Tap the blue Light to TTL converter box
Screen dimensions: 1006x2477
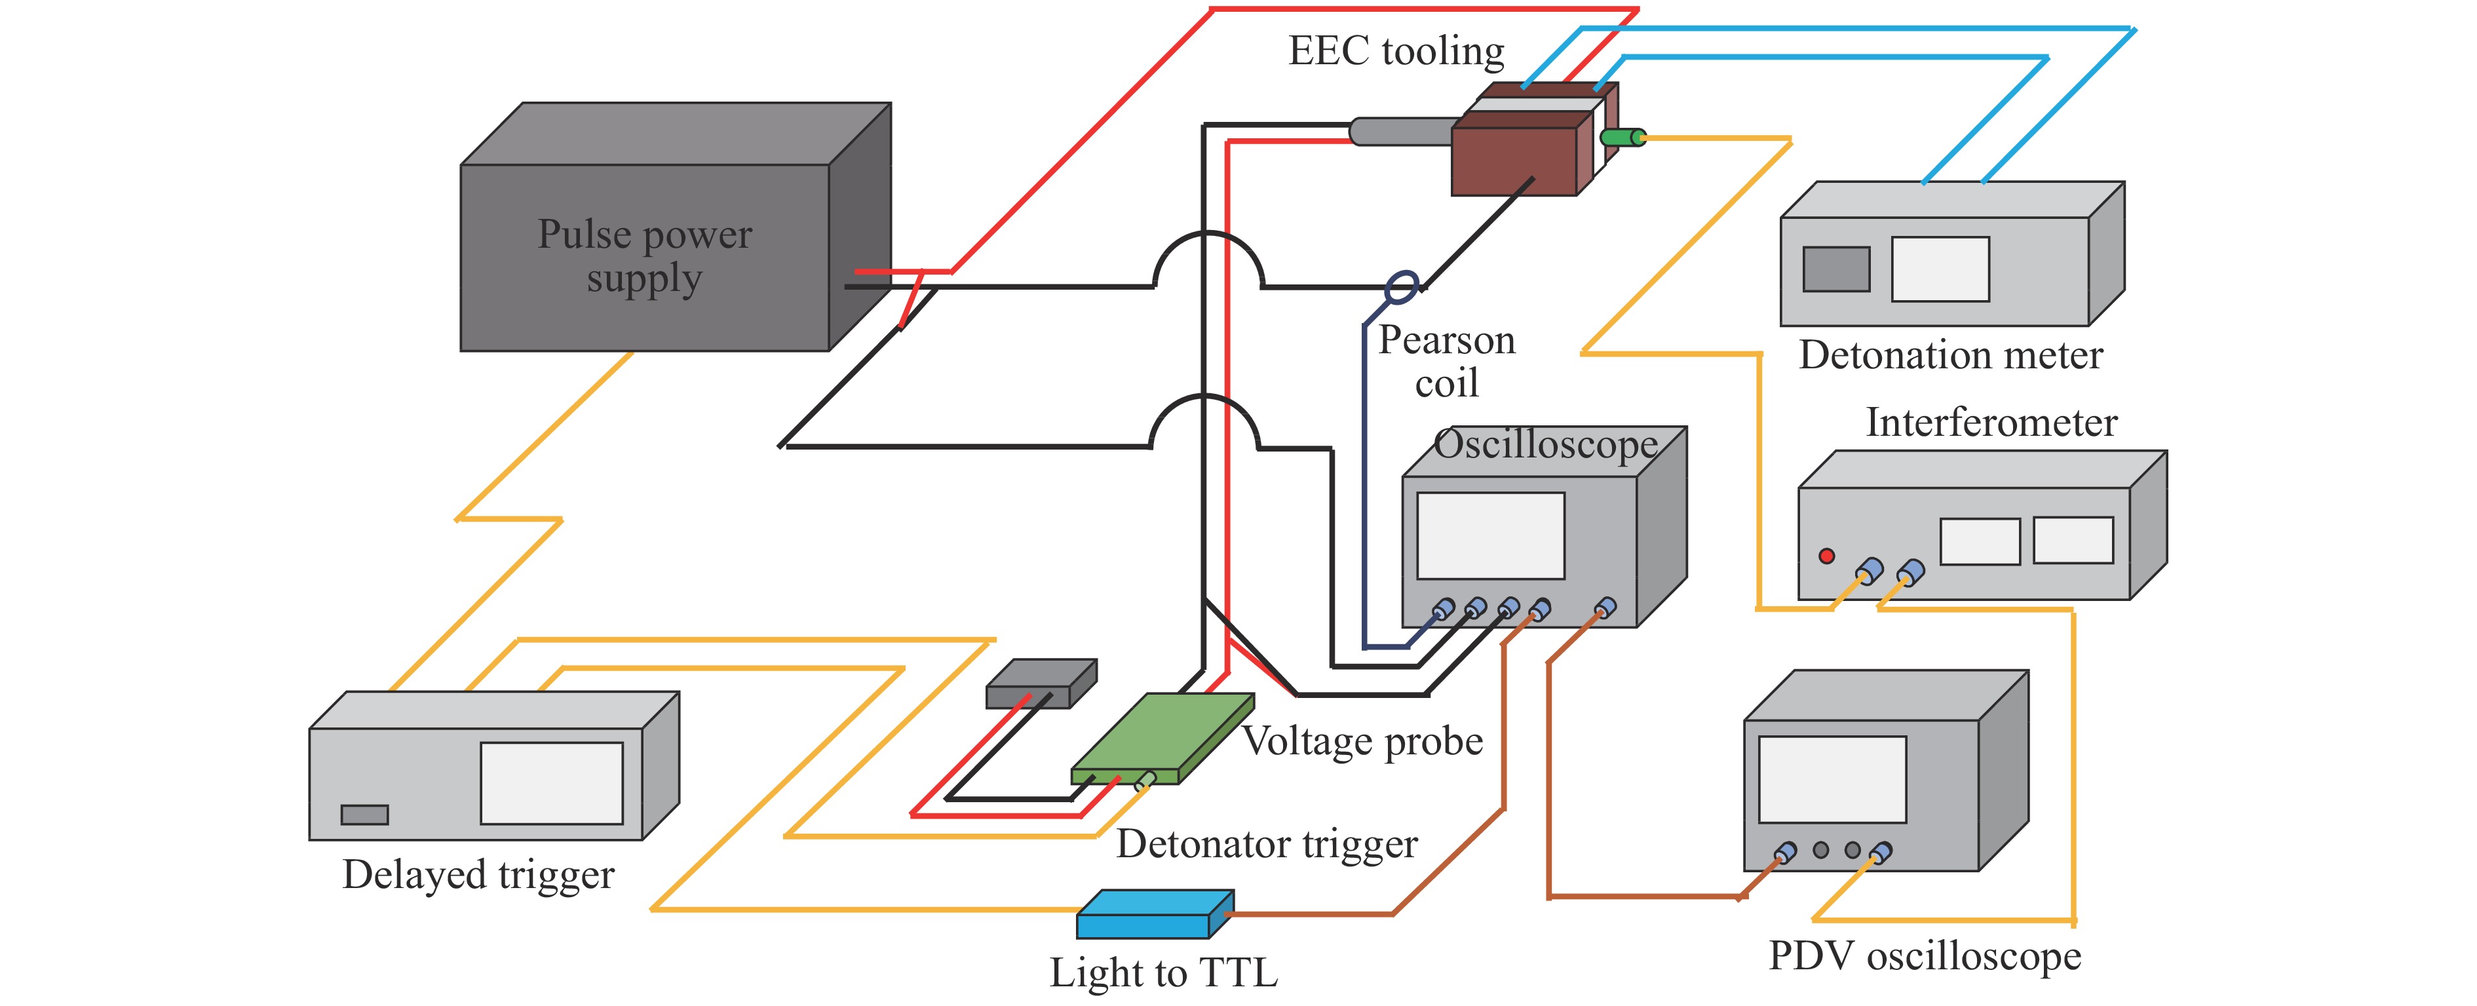click(1144, 924)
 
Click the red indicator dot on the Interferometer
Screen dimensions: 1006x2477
click(1826, 556)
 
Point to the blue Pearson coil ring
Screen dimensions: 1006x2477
click(1401, 286)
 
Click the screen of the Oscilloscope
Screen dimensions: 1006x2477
click(1490, 535)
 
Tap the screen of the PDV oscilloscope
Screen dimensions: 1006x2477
click(1832, 779)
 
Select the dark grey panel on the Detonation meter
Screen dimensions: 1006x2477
click(1835, 269)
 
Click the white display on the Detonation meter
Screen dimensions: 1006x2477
click(1940, 269)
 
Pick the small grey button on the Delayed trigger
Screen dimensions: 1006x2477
click(364, 815)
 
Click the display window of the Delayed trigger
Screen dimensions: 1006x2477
click(551, 783)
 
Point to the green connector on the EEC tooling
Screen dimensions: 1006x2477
click(1622, 138)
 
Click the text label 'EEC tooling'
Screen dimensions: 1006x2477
click(1396, 51)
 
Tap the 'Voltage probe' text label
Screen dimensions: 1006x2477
click(1362, 741)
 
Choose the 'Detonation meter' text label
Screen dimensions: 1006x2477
click(1951, 356)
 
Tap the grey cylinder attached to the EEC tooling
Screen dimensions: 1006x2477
click(1399, 132)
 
